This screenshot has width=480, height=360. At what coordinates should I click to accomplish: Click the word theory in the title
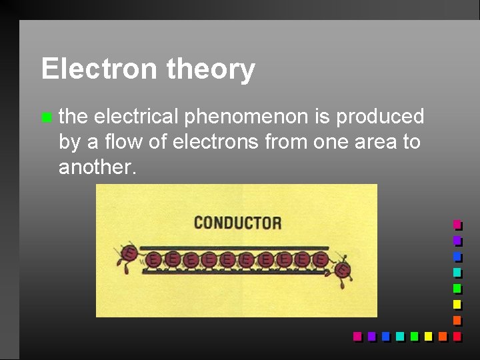211,69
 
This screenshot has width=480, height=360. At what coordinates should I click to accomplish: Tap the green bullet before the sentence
45,118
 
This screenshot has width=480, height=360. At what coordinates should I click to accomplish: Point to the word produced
380,117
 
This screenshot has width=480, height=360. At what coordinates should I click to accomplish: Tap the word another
97,167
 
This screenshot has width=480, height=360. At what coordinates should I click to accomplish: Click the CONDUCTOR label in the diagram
237,223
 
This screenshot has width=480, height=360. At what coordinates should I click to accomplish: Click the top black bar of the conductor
233,247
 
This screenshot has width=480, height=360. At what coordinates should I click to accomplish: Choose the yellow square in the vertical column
457,305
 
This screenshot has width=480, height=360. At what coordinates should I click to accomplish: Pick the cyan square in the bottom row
400,337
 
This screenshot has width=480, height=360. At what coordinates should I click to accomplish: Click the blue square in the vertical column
457,257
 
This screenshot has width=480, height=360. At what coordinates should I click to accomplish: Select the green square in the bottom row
414,337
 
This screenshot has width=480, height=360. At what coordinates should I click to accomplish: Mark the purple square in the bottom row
371,337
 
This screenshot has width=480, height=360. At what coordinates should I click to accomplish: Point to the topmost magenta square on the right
457,225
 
